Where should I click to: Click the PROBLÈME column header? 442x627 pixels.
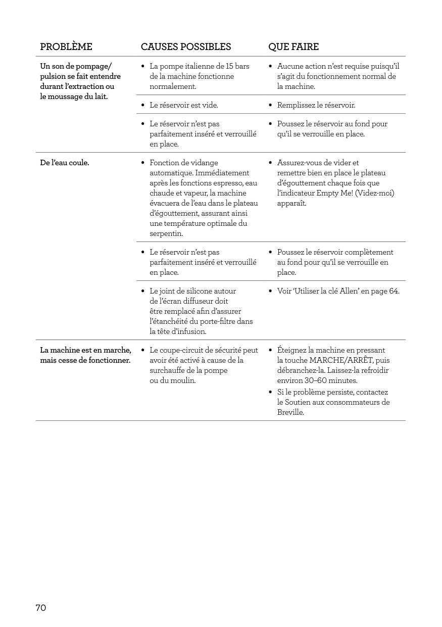tap(66, 47)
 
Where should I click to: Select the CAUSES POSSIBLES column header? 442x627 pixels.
tap(185, 47)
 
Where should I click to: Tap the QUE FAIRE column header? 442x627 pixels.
tap(293, 47)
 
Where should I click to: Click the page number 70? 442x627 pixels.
tap(41, 608)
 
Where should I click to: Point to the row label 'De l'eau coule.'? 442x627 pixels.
tap(65, 163)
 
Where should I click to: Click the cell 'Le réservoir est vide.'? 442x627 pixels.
tap(184, 105)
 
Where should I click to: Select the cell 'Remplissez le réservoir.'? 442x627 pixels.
tap(316, 105)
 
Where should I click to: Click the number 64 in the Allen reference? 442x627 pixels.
tap(394, 291)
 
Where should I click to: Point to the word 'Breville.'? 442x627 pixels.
tap(290, 412)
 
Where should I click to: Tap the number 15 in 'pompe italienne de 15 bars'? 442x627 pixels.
tap(230, 66)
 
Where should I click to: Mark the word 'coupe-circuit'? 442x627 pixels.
tap(181, 350)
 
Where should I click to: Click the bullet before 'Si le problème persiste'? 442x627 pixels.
tap(271, 393)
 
